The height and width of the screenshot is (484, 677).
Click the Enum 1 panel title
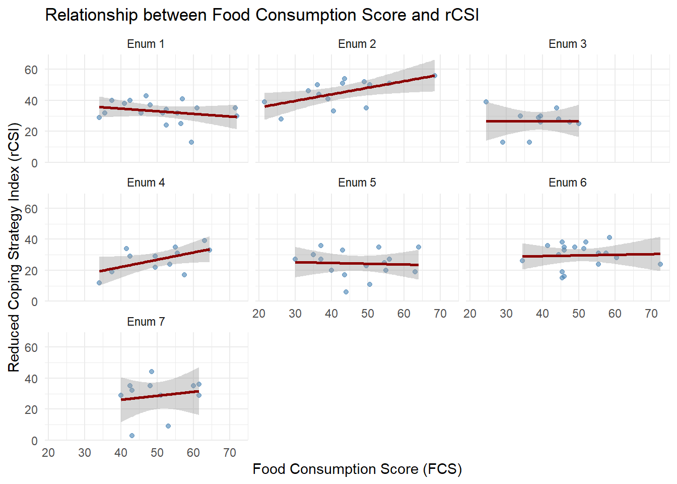click(146, 44)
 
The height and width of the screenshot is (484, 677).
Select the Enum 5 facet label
click(357, 183)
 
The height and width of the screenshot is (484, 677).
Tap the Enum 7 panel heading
click(146, 322)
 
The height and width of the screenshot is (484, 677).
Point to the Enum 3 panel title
click(567, 44)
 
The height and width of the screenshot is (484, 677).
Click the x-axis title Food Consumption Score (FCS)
click(357, 469)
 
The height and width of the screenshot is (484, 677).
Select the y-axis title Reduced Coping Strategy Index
click(14, 247)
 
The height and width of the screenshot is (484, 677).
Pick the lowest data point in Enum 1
click(191, 142)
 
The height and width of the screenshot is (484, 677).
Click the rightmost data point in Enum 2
click(435, 76)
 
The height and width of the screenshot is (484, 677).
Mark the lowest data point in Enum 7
click(132, 436)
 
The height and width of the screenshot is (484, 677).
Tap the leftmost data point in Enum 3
click(486, 102)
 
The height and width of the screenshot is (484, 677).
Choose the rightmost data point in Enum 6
click(660, 264)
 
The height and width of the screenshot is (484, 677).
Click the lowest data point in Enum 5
click(346, 292)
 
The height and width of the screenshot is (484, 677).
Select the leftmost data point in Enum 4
click(99, 283)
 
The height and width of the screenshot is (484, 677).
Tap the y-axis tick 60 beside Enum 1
click(31, 70)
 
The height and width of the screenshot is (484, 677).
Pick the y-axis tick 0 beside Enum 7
click(34, 441)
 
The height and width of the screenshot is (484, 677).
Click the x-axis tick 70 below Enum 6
click(651, 314)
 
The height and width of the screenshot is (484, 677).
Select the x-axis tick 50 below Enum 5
click(368, 314)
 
